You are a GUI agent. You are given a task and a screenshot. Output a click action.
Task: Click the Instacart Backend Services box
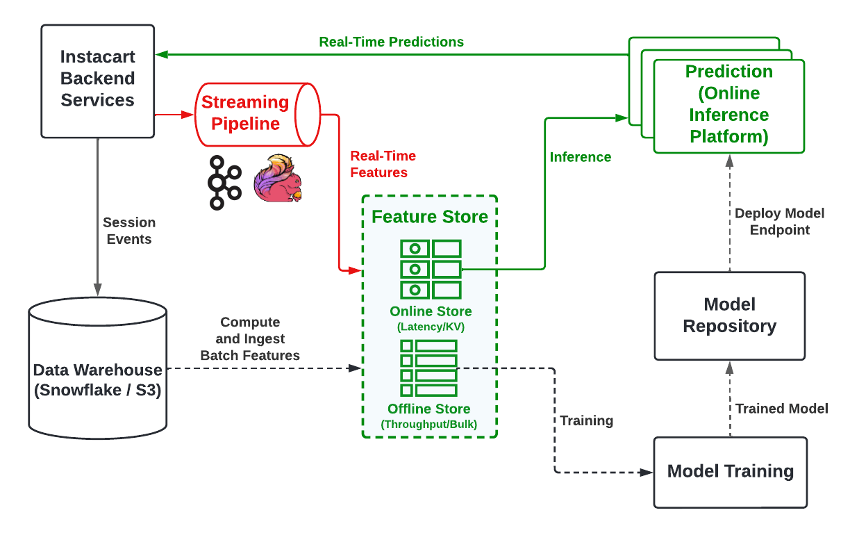pos(97,80)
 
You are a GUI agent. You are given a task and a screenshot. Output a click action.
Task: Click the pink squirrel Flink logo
pos(278,179)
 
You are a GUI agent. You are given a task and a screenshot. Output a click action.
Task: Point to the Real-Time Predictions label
pos(391,42)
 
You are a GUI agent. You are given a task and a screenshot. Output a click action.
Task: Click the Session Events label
pos(129,231)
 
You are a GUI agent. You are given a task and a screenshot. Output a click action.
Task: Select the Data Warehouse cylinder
pos(97,379)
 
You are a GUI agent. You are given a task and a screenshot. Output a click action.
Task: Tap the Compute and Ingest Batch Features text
pos(250,339)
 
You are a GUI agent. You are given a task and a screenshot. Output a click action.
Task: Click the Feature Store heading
pos(430,217)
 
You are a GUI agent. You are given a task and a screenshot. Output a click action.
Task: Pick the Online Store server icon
pos(431,269)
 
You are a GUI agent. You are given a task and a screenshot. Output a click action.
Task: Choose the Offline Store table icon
pos(429,368)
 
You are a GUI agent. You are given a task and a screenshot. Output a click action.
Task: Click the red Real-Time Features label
pos(383,164)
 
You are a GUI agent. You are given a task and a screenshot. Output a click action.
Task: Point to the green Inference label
pos(581,157)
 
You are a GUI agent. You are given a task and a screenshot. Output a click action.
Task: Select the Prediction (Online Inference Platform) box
pos(728,105)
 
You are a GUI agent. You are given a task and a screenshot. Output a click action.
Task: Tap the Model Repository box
pos(729,315)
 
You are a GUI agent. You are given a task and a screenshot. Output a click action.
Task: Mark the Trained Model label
pos(781,409)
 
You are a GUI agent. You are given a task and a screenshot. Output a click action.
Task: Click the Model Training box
pos(730,471)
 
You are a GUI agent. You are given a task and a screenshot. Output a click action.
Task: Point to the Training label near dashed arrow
pos(587,420)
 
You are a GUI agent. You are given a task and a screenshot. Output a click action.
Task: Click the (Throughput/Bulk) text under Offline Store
pos(429,424)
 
